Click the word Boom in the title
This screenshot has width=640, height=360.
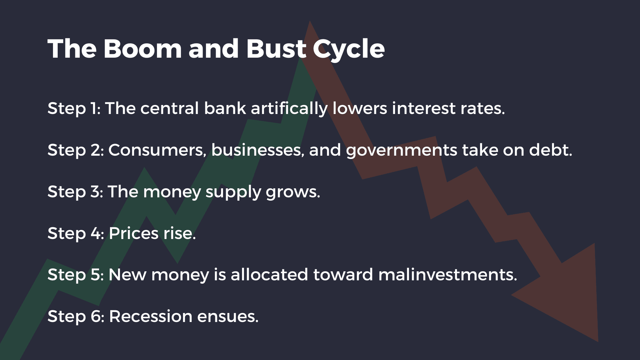tap(143, 49)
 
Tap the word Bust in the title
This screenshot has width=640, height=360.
tap(276, 49)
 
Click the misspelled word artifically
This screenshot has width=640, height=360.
tap(289, 109)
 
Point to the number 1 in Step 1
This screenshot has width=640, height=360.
tap(94, 108)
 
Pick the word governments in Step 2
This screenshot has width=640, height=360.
tap(401, 151)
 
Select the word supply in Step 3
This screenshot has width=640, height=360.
tap(233, 192)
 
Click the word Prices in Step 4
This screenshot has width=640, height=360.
tap(134, 233)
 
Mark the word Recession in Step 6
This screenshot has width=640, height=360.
tap(150, 316)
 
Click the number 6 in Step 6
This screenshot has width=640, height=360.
tap(97, 316)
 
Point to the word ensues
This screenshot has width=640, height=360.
tap(227, 316)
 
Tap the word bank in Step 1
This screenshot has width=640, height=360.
tap(225, 108)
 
